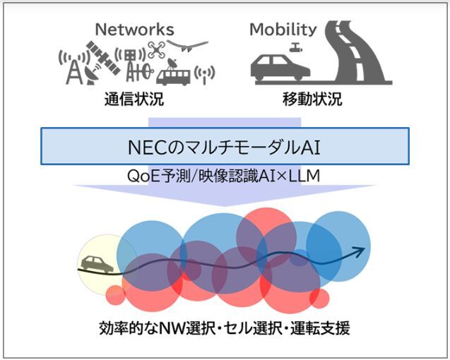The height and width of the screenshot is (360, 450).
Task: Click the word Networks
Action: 134,29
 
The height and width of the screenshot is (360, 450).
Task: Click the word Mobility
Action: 283,29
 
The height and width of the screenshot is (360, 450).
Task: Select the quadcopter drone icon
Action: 156,49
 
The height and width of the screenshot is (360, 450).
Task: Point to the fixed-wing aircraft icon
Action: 189,46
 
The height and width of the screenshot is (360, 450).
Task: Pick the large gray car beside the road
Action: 280,66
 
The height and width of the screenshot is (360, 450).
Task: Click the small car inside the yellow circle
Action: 97,265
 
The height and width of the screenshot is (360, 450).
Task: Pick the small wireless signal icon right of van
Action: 204,73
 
